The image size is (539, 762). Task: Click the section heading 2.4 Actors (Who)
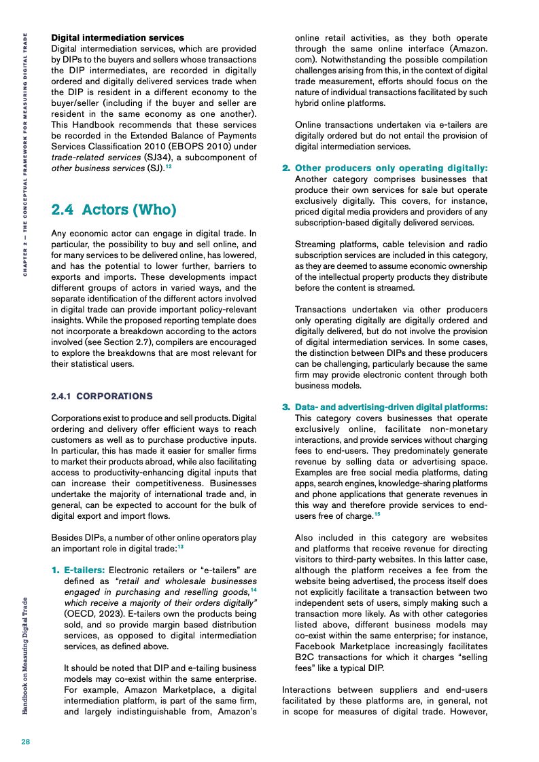click(114, 209)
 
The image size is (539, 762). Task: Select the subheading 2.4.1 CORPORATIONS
click(102, 396)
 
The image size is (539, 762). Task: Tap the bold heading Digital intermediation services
click(118, 37)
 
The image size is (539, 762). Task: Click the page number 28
click(25, 741)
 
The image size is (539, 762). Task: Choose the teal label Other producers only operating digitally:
click(391, 168)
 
